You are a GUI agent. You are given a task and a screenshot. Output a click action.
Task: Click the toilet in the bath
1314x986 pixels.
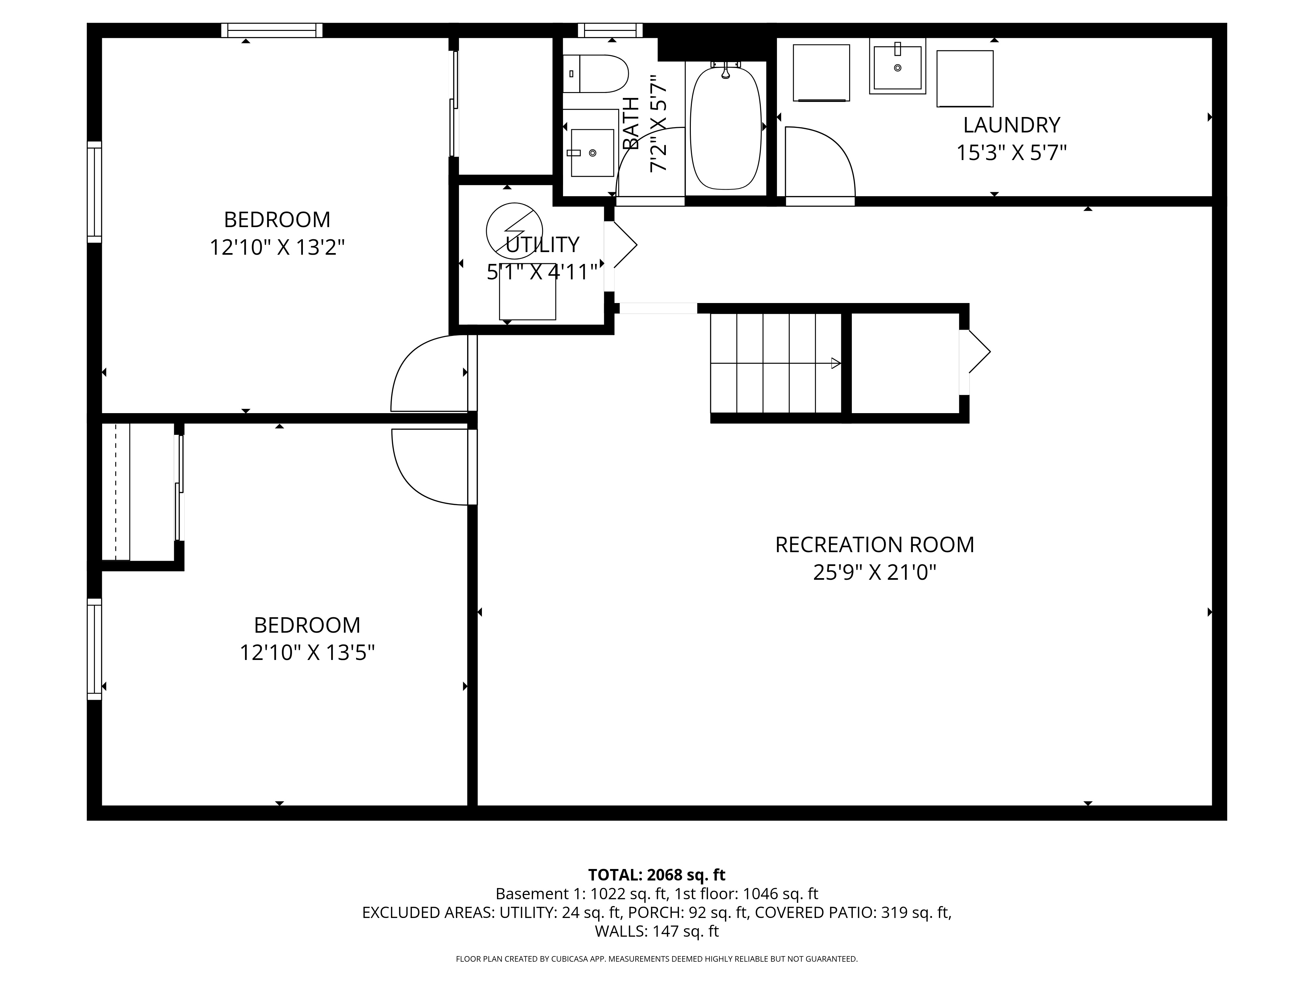(597, 74)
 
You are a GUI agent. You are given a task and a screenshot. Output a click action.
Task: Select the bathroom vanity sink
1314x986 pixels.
(592, 153)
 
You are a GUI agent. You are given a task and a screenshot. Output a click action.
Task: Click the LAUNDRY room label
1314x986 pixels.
(1011, 125)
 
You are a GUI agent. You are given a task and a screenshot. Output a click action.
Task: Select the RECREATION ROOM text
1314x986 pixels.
(874, 544)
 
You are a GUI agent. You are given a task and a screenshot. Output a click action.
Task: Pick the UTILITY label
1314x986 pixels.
(542, 244)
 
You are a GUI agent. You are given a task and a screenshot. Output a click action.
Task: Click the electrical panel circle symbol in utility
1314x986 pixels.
(514, 231)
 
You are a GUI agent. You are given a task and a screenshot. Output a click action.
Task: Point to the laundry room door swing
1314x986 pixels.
(820, 163)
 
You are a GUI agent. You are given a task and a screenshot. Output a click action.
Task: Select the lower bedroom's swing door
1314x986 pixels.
(429, 467)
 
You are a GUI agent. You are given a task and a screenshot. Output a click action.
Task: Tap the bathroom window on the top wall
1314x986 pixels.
(610, 30)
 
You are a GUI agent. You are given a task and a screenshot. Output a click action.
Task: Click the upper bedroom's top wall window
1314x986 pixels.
(272, 30)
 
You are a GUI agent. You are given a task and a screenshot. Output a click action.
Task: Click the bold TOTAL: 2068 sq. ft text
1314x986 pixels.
(656, 875)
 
